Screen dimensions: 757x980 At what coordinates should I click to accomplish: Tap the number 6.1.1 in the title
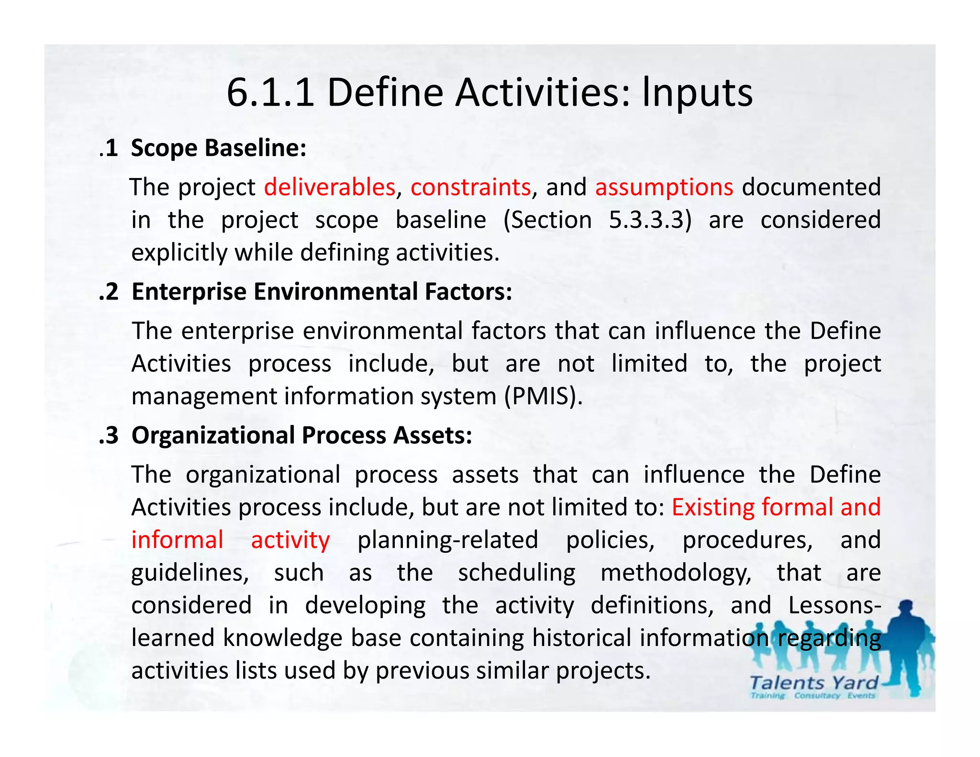[x=270, y=92]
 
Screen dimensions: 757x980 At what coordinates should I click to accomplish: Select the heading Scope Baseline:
[x=219, y=148]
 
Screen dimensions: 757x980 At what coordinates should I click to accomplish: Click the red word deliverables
[x=330, y=187]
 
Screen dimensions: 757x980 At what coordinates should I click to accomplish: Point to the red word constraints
[x=470, y=187]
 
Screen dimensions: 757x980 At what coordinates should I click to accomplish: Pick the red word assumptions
[x=664, y=187]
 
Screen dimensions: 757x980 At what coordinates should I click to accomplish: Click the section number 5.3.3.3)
[x=650, y=220]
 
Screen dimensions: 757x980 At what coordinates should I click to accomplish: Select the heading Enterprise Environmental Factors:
[x=322, y=291]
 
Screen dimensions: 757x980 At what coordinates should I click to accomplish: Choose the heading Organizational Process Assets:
[x=301, y=435]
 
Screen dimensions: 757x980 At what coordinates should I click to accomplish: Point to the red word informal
[x=178, y=540]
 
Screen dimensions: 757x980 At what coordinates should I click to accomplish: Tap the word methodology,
[x=676, y=573]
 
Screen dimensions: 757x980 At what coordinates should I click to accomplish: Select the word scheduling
[x=517, y=573]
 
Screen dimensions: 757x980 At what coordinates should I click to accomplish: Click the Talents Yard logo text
[x=813, y=683]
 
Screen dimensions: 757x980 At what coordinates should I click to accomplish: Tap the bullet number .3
[x=109, y=435]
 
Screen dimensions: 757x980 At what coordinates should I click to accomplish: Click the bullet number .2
[x=109, y=291]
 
